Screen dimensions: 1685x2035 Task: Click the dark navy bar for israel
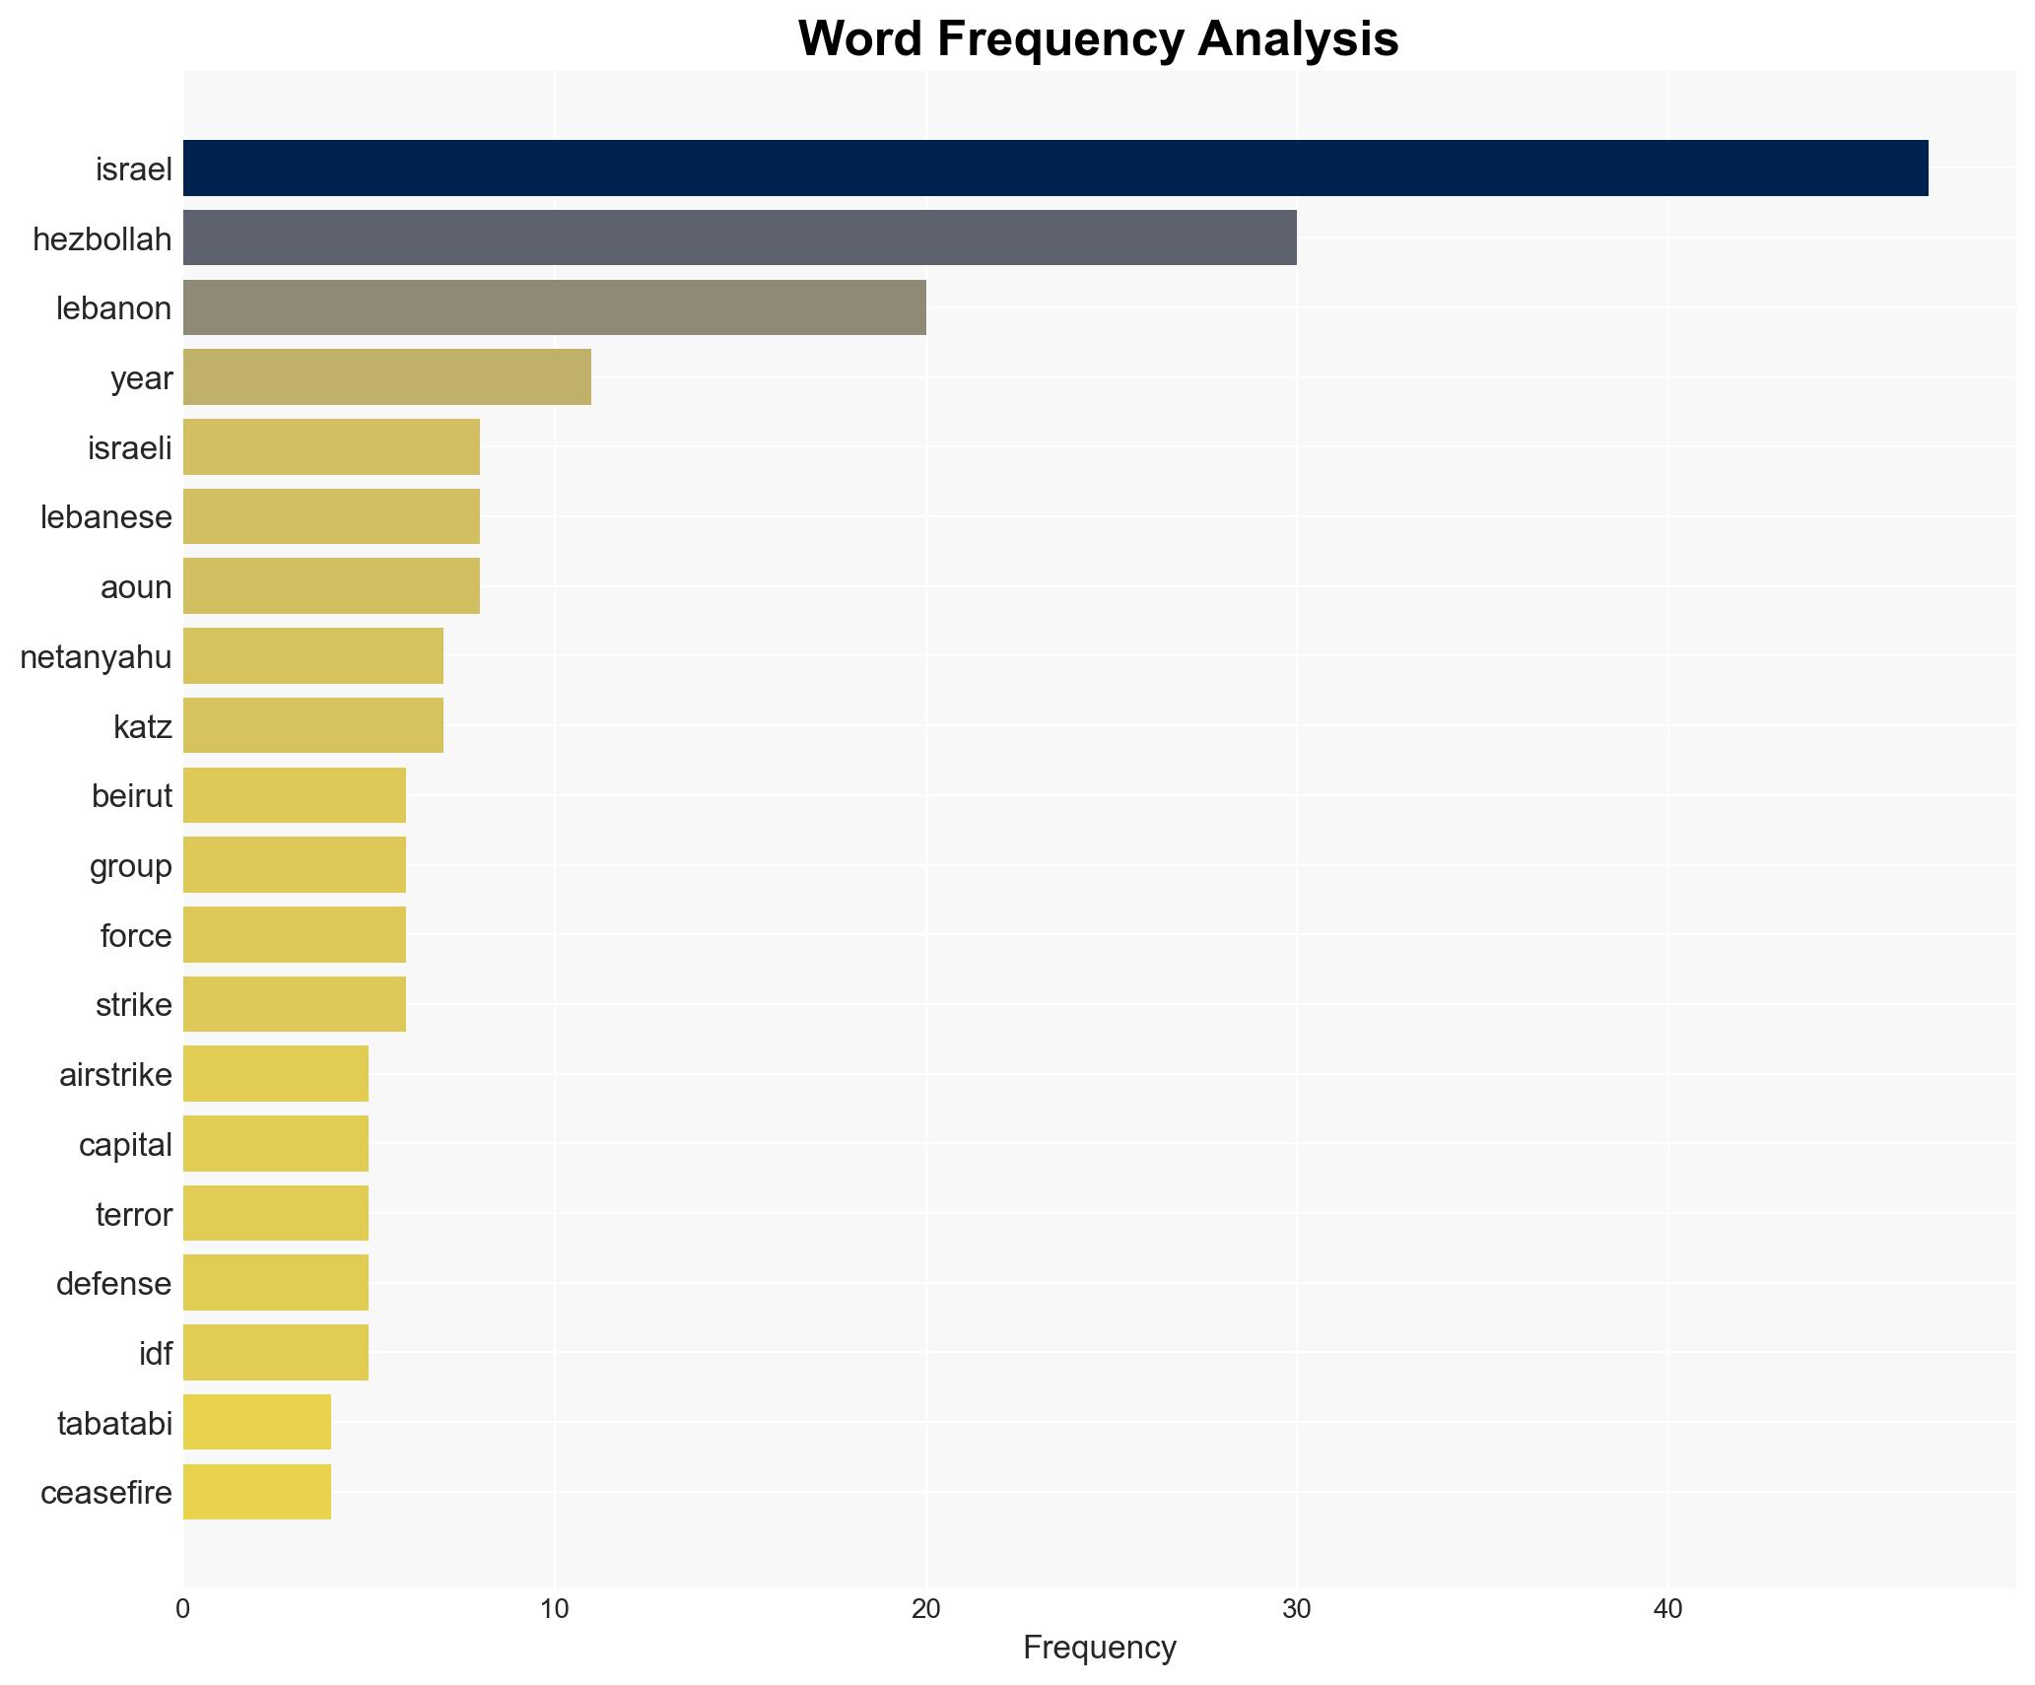coord(1054,168)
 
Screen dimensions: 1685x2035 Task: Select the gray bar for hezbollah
coord(739,238)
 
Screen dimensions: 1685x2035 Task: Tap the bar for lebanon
coord(554,307)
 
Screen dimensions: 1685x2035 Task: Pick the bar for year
coord(386,377)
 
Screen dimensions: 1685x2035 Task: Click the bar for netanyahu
coord(312,656)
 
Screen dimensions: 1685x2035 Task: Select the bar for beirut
coord(294,795)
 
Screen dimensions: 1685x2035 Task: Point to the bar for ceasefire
coord(256,1493)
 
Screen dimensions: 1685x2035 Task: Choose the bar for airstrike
coord(275,1074)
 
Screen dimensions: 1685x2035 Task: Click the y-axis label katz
coord(142,727)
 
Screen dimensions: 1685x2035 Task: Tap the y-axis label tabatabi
coord(114,1424)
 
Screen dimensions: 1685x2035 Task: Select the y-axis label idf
coord(155,1354)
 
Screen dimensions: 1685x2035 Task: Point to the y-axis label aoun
coord(136,587)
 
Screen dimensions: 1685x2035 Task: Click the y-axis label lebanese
coord(105,517)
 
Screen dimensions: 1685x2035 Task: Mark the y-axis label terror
coord(133,1215)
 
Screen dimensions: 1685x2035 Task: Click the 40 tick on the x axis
coord(1667,1609)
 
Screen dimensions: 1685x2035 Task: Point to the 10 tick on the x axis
coord(554,1609)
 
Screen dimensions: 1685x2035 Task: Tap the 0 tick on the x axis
coord(183,1609)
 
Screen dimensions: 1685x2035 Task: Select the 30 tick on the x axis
coord(1296,1609)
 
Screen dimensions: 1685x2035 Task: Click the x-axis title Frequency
coord(1099,1648)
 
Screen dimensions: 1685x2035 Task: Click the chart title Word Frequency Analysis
coord(1098,39)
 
